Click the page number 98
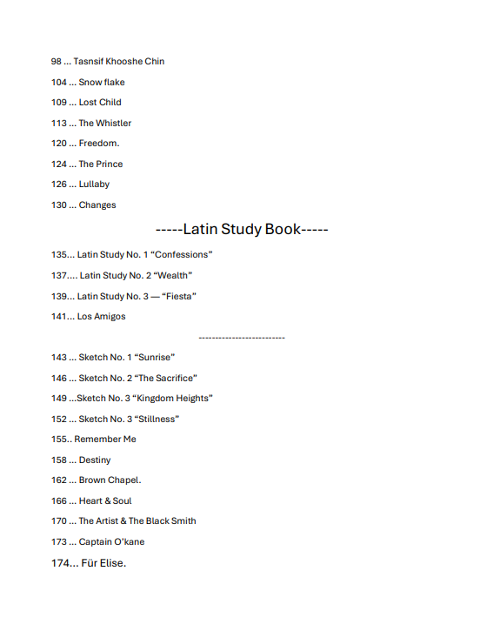point(57,62)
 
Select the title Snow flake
point(102,82)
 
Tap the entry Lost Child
point(100,103)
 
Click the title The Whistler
point(105,123)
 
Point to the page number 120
point(59,144)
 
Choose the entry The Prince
point(101,164)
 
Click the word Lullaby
point(94,185)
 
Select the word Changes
point(97,205)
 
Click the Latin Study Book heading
point(242,230)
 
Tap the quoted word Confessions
point(182,255)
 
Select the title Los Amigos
point(101,317)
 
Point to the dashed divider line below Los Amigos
point(242,337)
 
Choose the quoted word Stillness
point(157,419)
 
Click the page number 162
point(59,480)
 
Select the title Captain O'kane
point(111,541)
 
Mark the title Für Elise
point(103,563)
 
